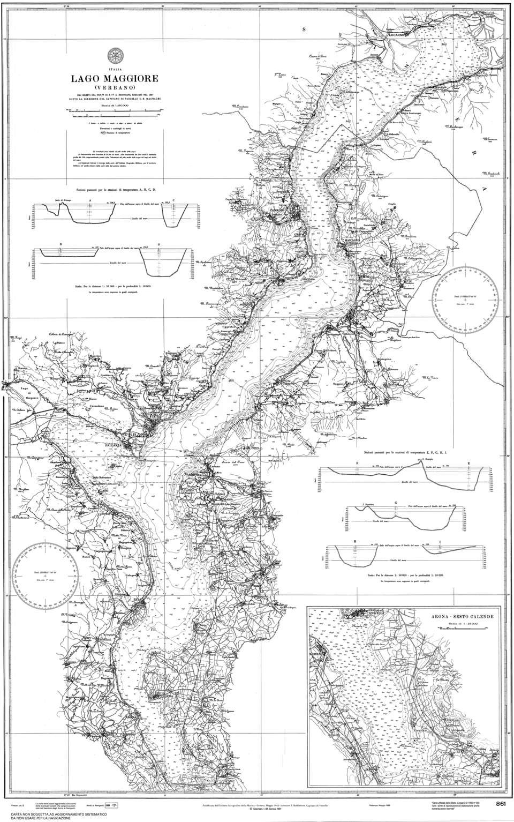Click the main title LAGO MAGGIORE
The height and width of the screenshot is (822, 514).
pyautogui.click(x=115, y=79)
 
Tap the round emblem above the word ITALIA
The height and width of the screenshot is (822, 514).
pyautogui.click(x=114, y=56)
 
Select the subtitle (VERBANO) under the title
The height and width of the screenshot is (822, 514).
pyautogui.click(x=115, y=87)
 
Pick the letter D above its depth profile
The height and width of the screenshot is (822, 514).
pyautogui.click(x=159, y=244)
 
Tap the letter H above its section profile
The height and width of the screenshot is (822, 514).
pyautogui.click(x=355, y=542)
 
